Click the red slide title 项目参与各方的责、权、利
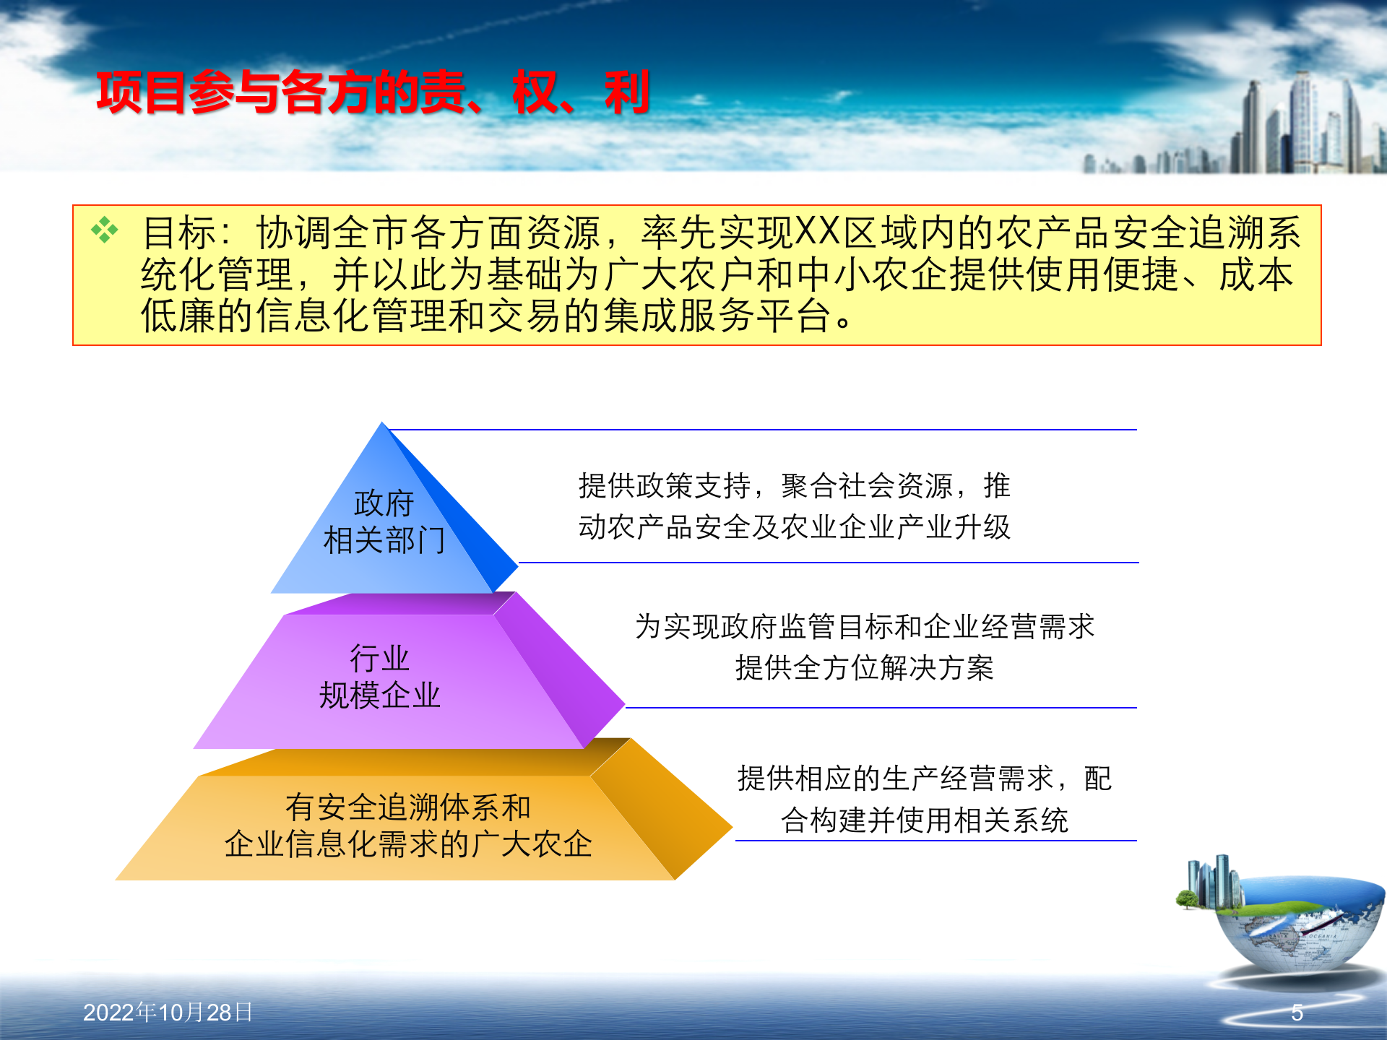373,92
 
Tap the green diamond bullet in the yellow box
105,230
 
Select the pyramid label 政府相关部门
384,521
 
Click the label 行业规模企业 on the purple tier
380,677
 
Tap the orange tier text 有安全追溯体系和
408,807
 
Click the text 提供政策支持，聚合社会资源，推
794,485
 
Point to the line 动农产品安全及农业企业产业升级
794,526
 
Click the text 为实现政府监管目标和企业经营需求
865,626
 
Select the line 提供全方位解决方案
865,667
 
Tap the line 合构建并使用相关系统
924,820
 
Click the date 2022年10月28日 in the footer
168,1013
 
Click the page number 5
1297,1013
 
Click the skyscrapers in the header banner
1300,126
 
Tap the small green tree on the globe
1186,899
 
